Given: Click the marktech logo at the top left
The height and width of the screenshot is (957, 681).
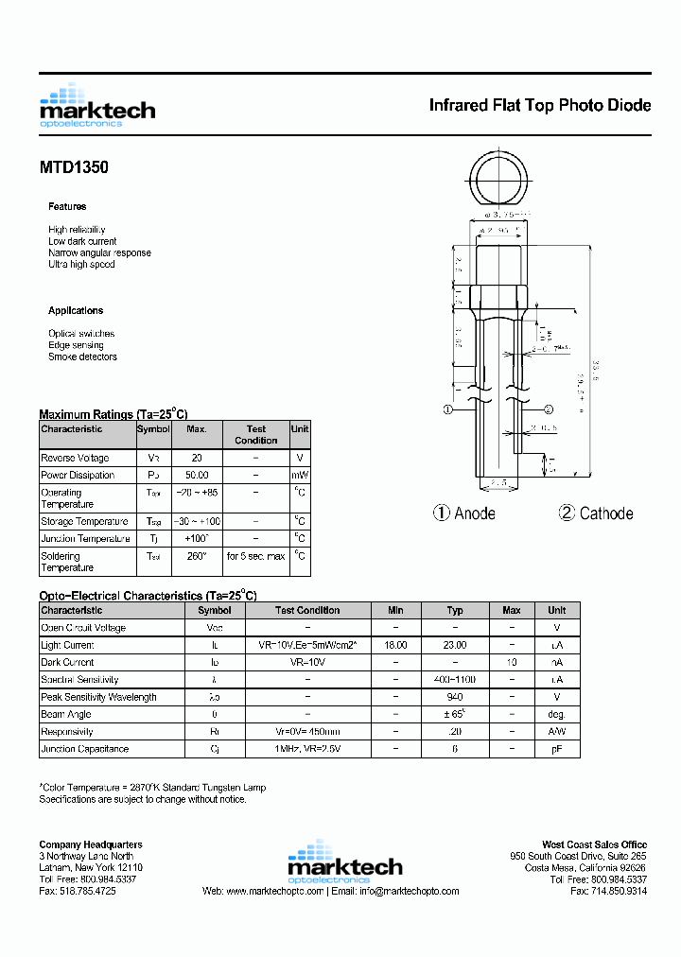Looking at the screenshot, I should (96, 106).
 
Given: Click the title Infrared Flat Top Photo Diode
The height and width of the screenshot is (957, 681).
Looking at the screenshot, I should (539, 105).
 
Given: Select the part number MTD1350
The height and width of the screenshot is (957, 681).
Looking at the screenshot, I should (74, 167).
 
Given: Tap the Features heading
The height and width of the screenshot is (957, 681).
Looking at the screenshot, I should (67, 206).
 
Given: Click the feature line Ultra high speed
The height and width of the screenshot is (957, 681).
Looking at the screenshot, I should (81, 265).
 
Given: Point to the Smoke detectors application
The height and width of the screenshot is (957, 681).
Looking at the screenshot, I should (82, 357).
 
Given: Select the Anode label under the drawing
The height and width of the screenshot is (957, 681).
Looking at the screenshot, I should (474, 513).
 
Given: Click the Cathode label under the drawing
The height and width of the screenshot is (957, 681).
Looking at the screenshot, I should (605, 513).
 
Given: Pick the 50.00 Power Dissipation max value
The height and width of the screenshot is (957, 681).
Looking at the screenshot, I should (197, 476).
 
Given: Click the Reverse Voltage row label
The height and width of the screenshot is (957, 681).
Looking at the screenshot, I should (77, 458).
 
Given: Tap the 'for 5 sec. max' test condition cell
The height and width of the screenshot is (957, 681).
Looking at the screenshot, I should (255, 556).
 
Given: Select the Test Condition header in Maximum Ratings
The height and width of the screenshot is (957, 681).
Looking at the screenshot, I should (255, 434).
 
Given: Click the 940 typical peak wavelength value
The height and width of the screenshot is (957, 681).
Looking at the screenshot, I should (455, 697).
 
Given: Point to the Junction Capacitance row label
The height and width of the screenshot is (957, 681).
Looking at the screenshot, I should (84, 749).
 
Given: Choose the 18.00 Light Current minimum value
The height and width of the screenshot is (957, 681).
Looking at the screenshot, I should (395, 645).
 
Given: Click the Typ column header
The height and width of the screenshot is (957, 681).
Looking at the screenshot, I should (455, 610).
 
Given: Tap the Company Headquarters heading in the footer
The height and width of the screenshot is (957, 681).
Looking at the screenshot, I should (91, 844).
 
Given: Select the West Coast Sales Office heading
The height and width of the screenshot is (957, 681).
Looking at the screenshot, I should (594, 844).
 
